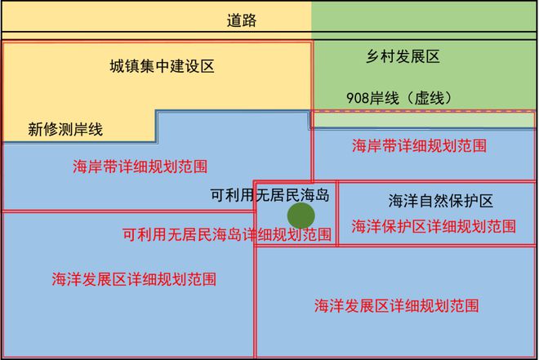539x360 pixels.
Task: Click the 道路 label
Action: point(242,20)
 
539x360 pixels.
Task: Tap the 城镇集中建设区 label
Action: point(162,66)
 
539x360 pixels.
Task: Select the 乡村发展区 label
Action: point(403,56)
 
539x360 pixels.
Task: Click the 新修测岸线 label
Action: point(65,130)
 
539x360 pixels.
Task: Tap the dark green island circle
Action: point(301,216)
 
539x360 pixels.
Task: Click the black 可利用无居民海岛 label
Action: point(270,195)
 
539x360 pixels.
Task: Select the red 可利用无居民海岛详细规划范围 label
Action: point(227,234)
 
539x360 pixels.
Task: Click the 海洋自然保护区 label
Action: point(441,201)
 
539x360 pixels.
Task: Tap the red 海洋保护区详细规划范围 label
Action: point(434,227)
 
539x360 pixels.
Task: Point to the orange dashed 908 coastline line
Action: point(424,112)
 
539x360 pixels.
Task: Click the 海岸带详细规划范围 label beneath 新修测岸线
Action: point(140,167)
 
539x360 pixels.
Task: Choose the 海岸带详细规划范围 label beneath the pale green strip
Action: point(420,145)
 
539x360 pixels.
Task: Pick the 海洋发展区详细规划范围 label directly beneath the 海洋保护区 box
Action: point(397,305)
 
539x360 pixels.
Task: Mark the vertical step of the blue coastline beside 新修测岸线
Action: point(157,126)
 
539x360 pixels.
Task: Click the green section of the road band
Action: point(424,16)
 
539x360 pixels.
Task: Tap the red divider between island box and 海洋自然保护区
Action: point(337,213)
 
